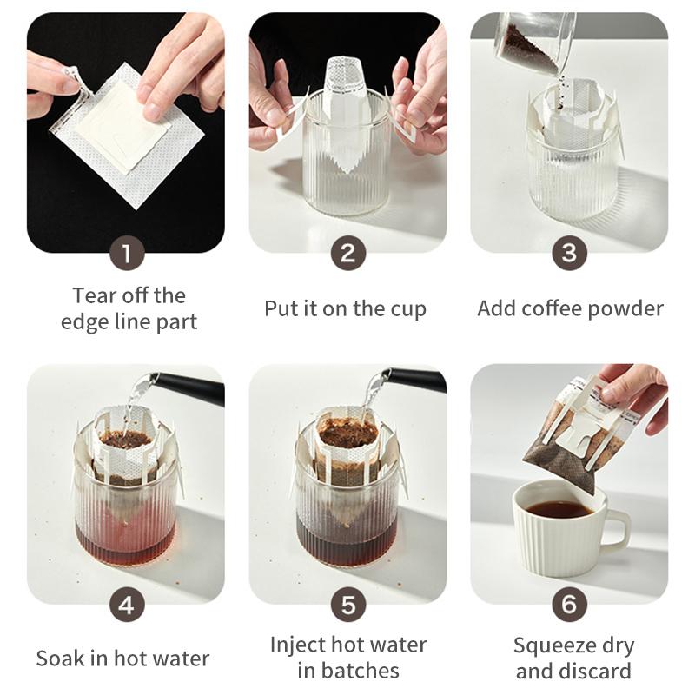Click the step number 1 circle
(x=127, y=254)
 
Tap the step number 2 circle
(x=347, y=254)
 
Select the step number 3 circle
(x=569, y=254)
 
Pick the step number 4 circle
(x=127, y=605)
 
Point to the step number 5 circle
(x=347, y=605)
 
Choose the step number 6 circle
(x=569, y=605)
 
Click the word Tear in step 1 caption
(x=94, y=295)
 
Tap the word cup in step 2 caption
(x=407, y=308)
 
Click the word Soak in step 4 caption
(x=59, y=659)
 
